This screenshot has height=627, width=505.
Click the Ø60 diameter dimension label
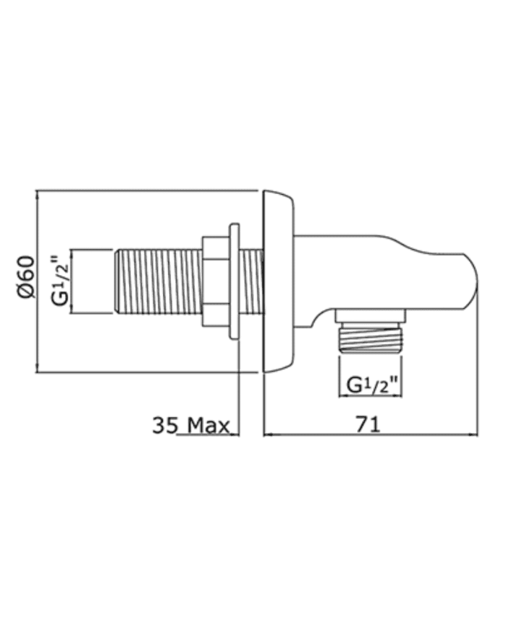27,277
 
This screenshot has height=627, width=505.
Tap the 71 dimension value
368,424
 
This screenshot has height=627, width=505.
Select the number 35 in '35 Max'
164,426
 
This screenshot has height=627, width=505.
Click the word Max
208,426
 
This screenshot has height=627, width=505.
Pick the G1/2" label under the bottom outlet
372,385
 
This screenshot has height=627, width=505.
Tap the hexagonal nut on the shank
216,281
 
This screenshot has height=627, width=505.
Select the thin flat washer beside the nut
234,281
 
